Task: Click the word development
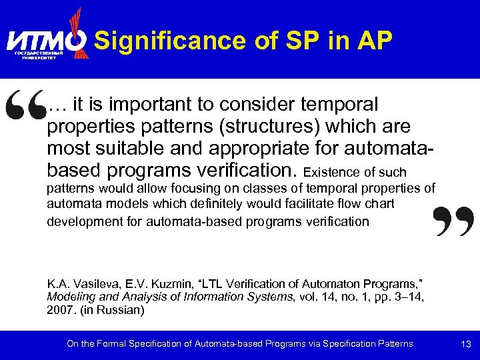pos(84,221)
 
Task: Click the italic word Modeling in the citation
pos(69,297)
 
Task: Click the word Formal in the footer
pos(106,344)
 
